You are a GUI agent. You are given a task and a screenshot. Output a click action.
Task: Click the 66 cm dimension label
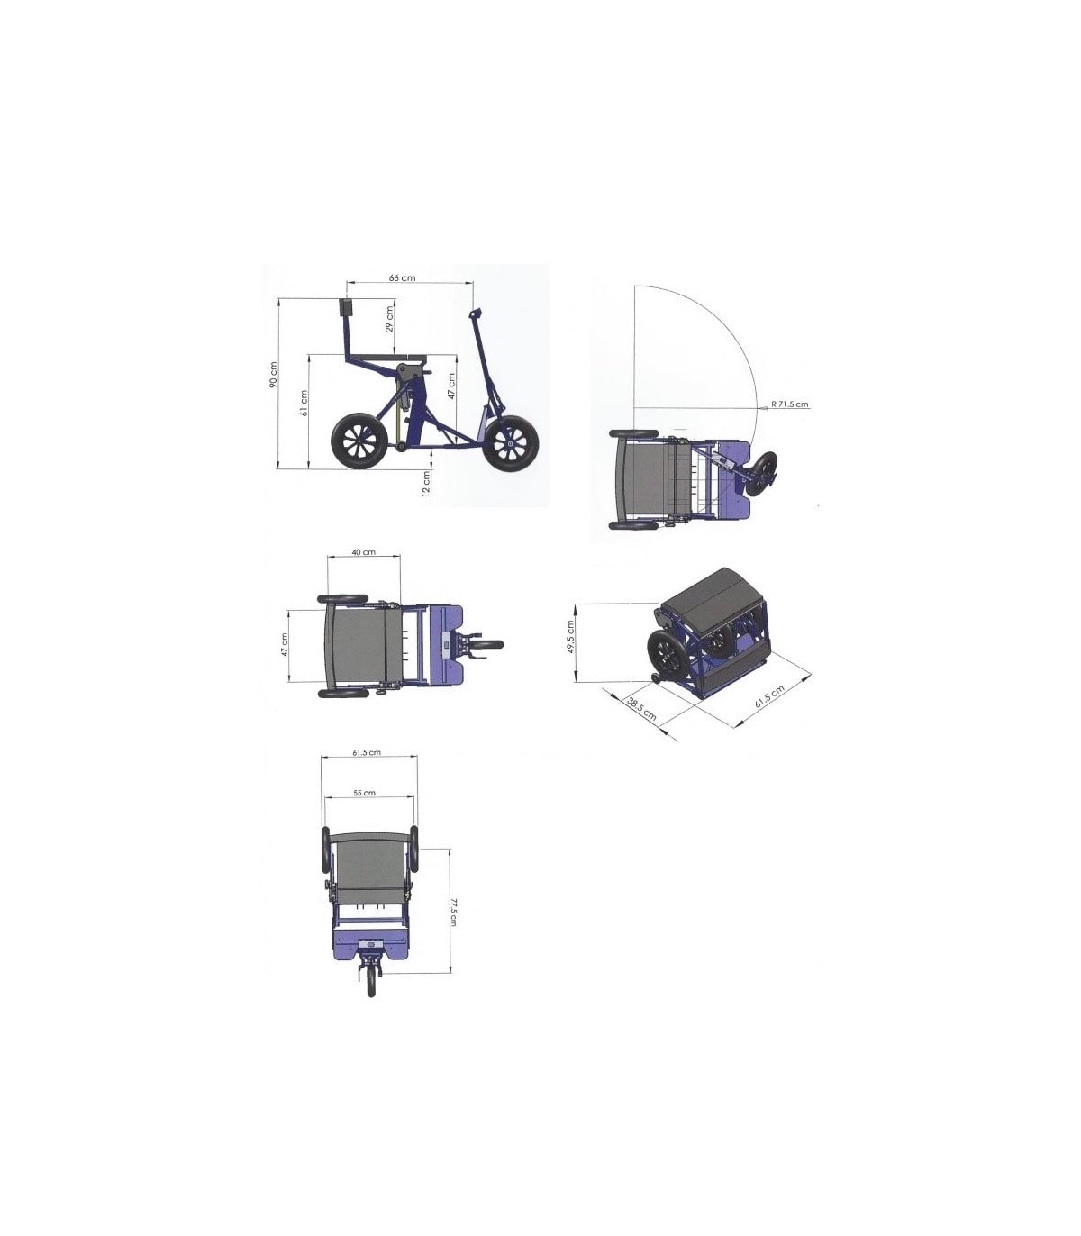402,277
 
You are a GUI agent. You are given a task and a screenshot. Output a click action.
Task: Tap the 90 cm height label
274,375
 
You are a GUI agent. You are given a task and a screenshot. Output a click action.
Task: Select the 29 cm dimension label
389,319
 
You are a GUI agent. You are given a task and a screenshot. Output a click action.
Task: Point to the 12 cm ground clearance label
426,484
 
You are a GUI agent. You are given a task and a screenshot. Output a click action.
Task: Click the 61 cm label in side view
304,403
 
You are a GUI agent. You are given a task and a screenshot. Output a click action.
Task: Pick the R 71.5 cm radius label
790,404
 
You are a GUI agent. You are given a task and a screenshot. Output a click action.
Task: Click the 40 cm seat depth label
364,552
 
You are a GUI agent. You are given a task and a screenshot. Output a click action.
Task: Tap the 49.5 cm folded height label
571,636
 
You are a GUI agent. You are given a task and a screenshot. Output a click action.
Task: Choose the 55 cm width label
364,793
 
